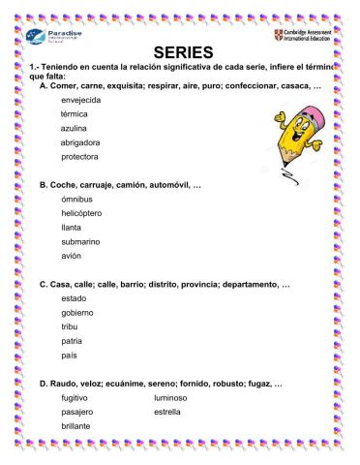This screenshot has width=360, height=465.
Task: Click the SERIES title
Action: tap(182, 51)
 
